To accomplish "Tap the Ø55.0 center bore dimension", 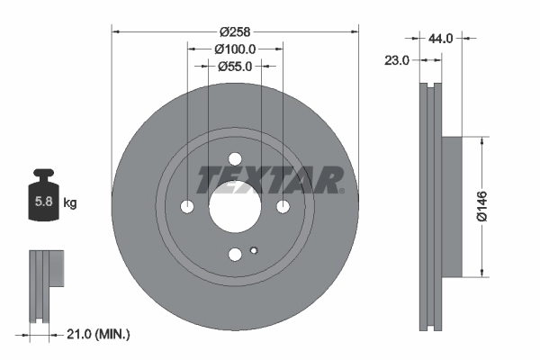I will [x=236, y=66].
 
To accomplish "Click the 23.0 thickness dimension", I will [x=397, y=60].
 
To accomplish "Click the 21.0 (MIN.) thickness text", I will [x=100, y=335].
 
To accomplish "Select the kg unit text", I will [x=70, y=203].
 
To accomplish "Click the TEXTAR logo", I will [x=270, y=180].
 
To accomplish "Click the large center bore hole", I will [x=235, y=207].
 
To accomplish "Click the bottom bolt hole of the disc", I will [x=235, y=255].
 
